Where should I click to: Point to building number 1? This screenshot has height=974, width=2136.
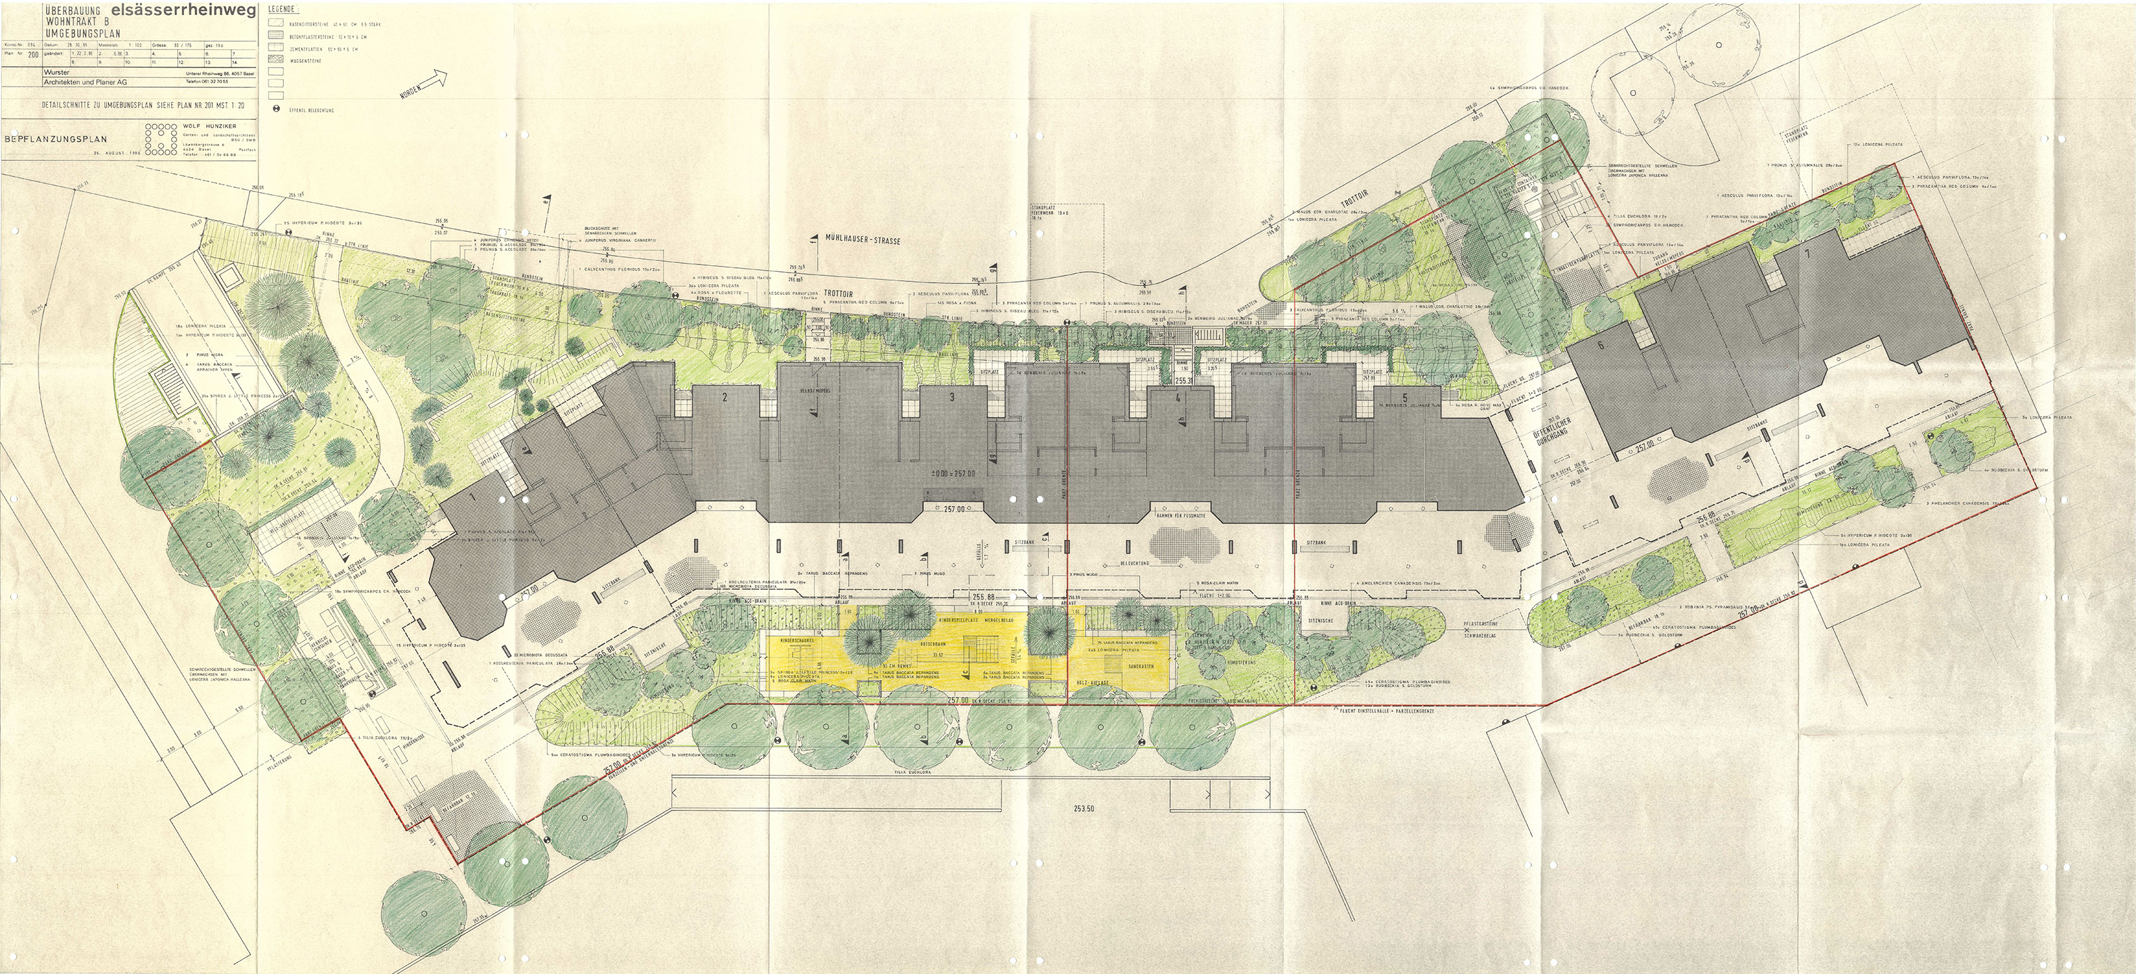tap(473, 497)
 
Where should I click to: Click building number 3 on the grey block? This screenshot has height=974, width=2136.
tap(952, 398)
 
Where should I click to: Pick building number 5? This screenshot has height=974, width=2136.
tap(1405, 398)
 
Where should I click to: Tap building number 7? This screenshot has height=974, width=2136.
tap(1802, 279)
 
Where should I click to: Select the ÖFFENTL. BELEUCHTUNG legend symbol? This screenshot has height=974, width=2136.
tap(276, 110)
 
